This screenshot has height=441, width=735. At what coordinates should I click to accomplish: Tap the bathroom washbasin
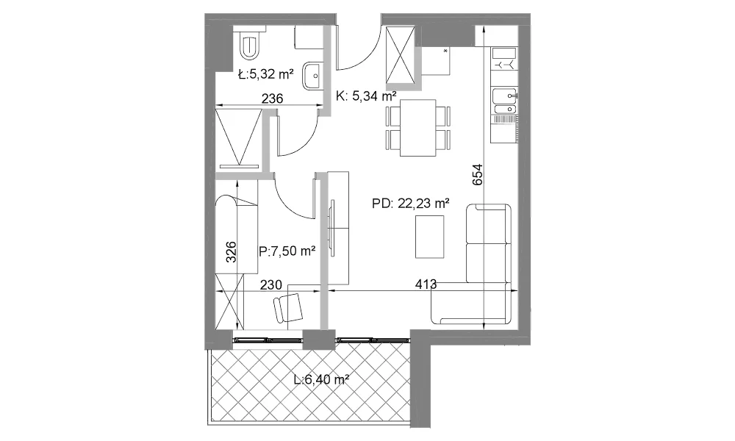(x=312, y=76)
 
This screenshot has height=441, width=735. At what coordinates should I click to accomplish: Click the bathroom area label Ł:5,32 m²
(x=266, y=74)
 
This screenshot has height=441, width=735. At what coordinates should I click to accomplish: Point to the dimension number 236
(x=273, y=98)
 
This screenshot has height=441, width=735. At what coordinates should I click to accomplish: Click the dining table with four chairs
(x=417, y=127)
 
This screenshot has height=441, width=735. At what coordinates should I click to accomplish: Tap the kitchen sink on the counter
(x=504, y=101)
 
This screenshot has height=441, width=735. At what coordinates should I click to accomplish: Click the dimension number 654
(x=477, y=174)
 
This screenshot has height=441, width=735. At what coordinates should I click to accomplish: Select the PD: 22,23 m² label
(x=411, y=204)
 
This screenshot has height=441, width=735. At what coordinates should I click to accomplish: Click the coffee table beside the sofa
(x=429, y=237)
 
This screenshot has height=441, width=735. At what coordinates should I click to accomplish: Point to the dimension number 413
(x=426, y=284)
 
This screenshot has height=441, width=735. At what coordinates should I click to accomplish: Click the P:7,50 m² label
(x=287, y=251)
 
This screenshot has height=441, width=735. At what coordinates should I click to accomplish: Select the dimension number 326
(x=231, y=251)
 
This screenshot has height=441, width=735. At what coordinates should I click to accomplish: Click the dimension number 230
(x=271, y=284)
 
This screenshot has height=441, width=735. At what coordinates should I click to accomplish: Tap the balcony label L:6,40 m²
(x=322, y=379)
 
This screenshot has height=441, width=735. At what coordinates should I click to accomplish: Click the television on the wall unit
(x=332, y=229)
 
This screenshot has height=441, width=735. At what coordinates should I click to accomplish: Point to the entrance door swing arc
(x=362, y=48)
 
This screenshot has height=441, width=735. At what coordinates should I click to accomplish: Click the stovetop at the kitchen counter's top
(x=504, y=59)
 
